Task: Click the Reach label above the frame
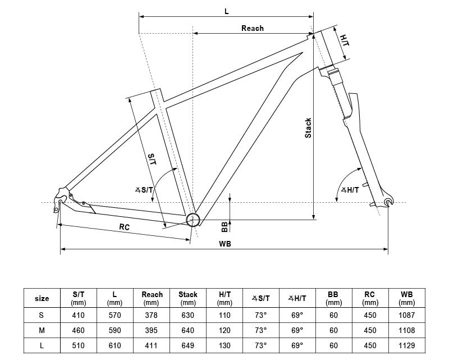click(252, 28)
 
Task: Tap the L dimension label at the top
click(226, 11)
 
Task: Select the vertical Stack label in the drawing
click(308, 128)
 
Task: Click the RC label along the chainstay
click(124, 227)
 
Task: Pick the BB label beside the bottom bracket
click(224, 226)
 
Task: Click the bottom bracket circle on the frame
click(193, 219)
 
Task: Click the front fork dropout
click(387, 202)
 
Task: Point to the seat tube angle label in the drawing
click(144, 190)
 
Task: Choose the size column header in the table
click(42, 298)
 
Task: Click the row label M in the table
click(42, 330)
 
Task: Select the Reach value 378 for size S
click(152, 315)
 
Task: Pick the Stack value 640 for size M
click(188, 330)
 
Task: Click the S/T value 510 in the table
click(79, 345)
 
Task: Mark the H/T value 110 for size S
click(224, 315)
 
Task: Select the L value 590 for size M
click(115, 330)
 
